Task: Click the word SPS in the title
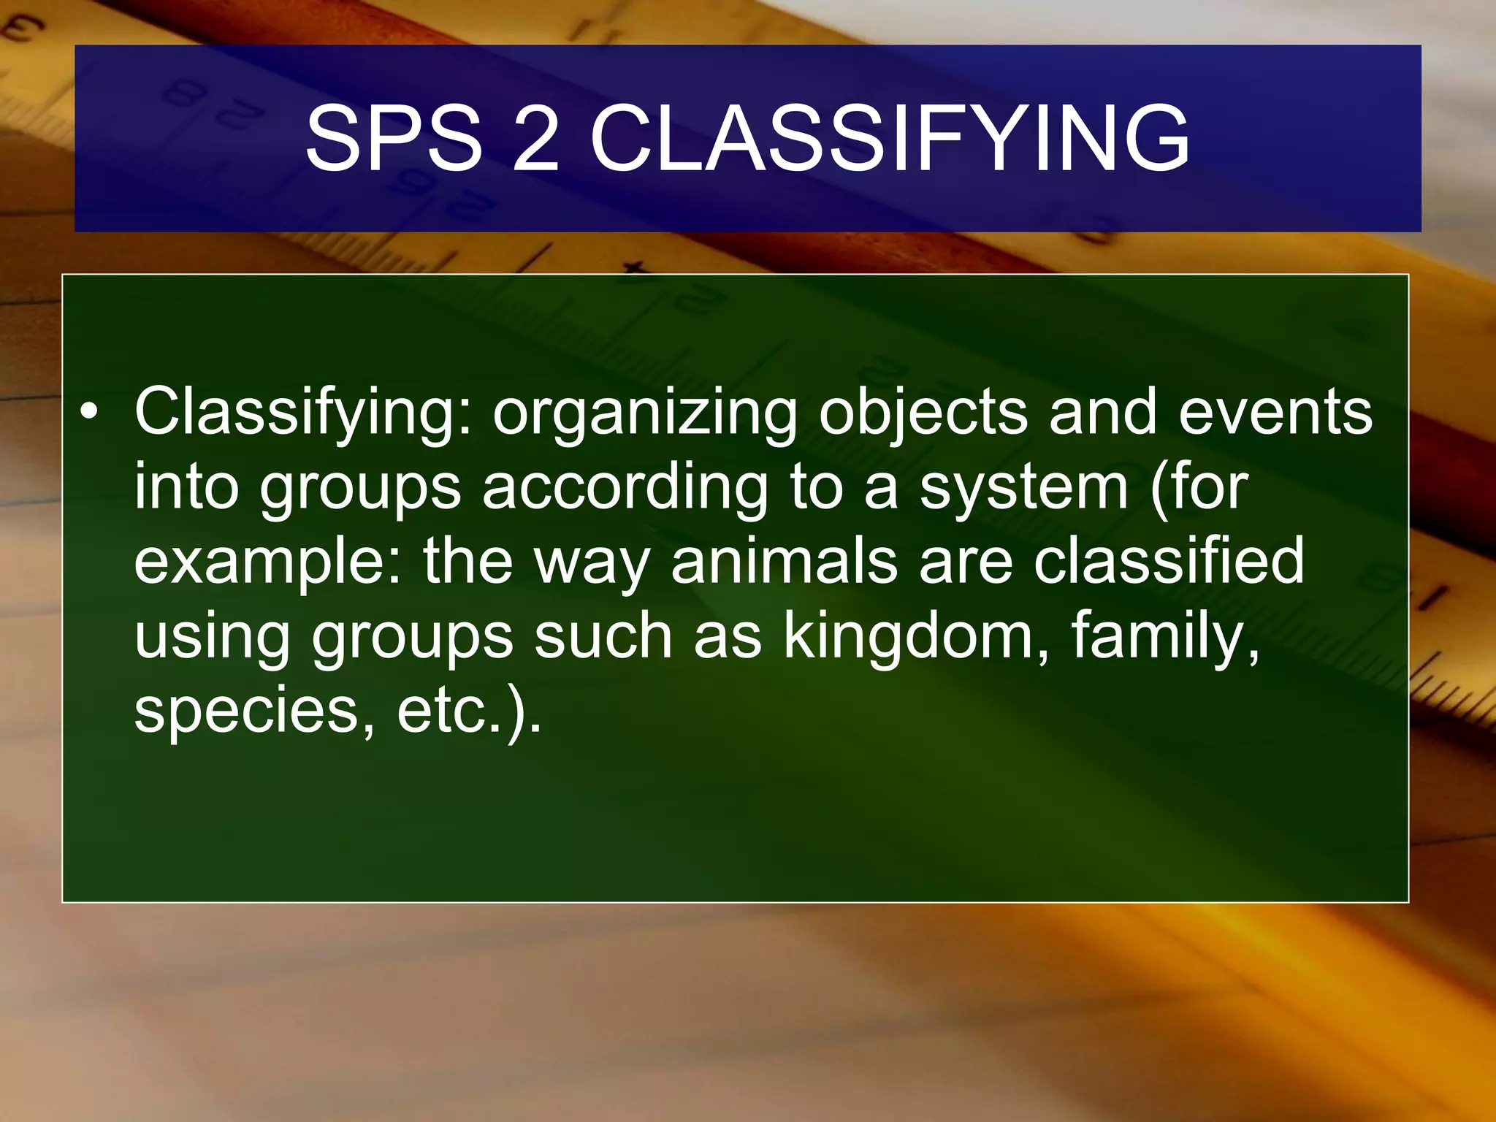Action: pyautogui.click(x=393, y=139)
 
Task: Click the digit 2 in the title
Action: pyautogui.click(x=535, y=139)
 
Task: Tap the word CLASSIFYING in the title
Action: pyautogui.click(x=890, y=139)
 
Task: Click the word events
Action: pyautogui.click(x=1275, y=413)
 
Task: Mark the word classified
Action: pyautogui.click(x=1169, y=561)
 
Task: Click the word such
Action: pyautogui.click(x=603, y=636)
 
